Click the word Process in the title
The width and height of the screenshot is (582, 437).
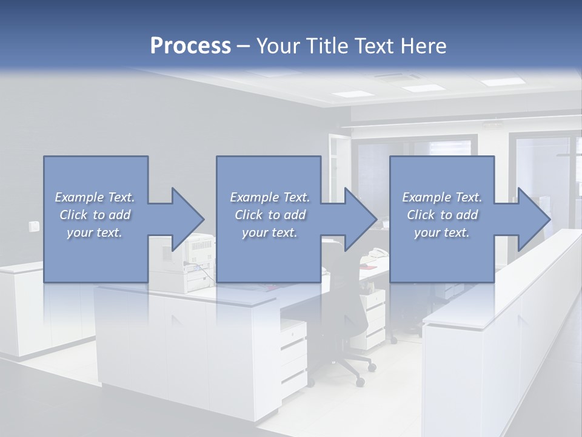(190, 46)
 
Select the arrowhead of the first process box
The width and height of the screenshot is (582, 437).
(186, 219)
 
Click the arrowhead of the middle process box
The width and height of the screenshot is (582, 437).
(359, 219)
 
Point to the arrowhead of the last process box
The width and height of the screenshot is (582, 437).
(532, 219)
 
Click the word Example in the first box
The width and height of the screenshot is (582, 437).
(79, 197)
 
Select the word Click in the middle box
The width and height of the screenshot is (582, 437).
(247, 215)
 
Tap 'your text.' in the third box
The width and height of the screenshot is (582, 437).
(442, 232)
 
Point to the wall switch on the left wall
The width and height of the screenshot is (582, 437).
(32, 227)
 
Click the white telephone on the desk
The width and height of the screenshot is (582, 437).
(378, 253)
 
